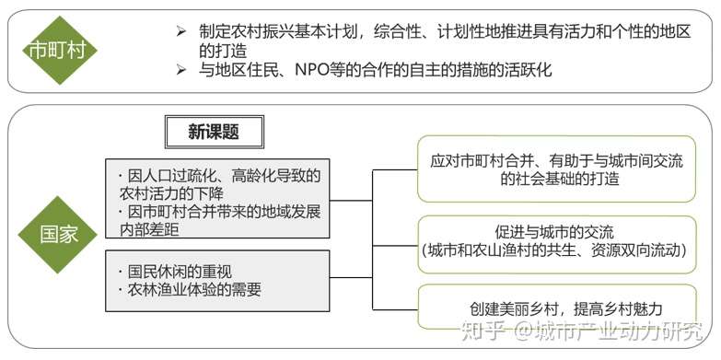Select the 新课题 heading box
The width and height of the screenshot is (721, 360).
[x=214, y=132]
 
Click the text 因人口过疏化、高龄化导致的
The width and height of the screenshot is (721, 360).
[x=224, y=175]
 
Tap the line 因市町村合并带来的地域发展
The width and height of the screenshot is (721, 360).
[x=224, y=213]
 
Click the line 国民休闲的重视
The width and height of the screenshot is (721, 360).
[x=178, y=272]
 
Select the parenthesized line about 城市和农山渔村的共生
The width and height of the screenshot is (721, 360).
[x=553, y=250]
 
